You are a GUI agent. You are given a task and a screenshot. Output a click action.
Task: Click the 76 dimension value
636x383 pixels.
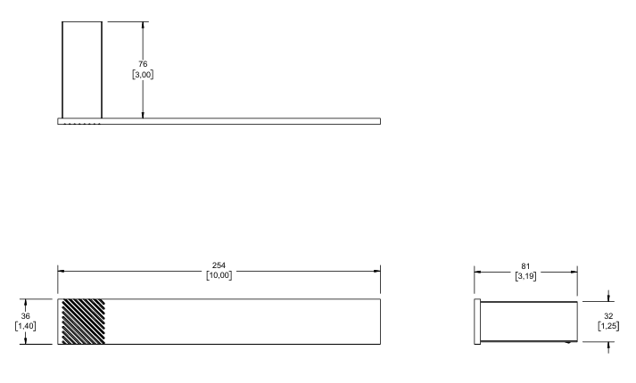[143, 64]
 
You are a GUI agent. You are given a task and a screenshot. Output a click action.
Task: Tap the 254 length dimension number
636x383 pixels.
[219, 265]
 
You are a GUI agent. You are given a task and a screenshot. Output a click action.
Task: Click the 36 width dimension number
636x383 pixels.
[25, 316]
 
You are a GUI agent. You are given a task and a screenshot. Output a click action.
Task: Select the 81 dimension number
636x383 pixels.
[525, 266]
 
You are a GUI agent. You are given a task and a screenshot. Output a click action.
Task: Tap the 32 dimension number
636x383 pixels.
[608, 316]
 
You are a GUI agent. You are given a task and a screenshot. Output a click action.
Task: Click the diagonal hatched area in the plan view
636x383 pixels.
[83, 322]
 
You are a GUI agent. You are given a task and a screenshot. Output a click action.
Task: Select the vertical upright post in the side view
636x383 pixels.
[82, 70]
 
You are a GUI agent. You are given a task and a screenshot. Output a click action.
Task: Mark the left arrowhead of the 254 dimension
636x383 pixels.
[62, 272]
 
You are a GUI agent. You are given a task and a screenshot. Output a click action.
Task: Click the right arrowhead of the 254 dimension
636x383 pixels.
[376, 272]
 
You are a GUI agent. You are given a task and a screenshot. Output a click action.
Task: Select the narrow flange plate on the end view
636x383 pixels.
[477, 322]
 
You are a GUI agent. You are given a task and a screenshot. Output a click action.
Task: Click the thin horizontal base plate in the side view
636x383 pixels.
[219, 121]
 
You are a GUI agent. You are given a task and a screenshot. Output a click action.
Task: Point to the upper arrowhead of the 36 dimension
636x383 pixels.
[26, 303]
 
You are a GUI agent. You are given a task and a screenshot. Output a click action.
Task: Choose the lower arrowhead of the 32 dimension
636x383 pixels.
[608, 345]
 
